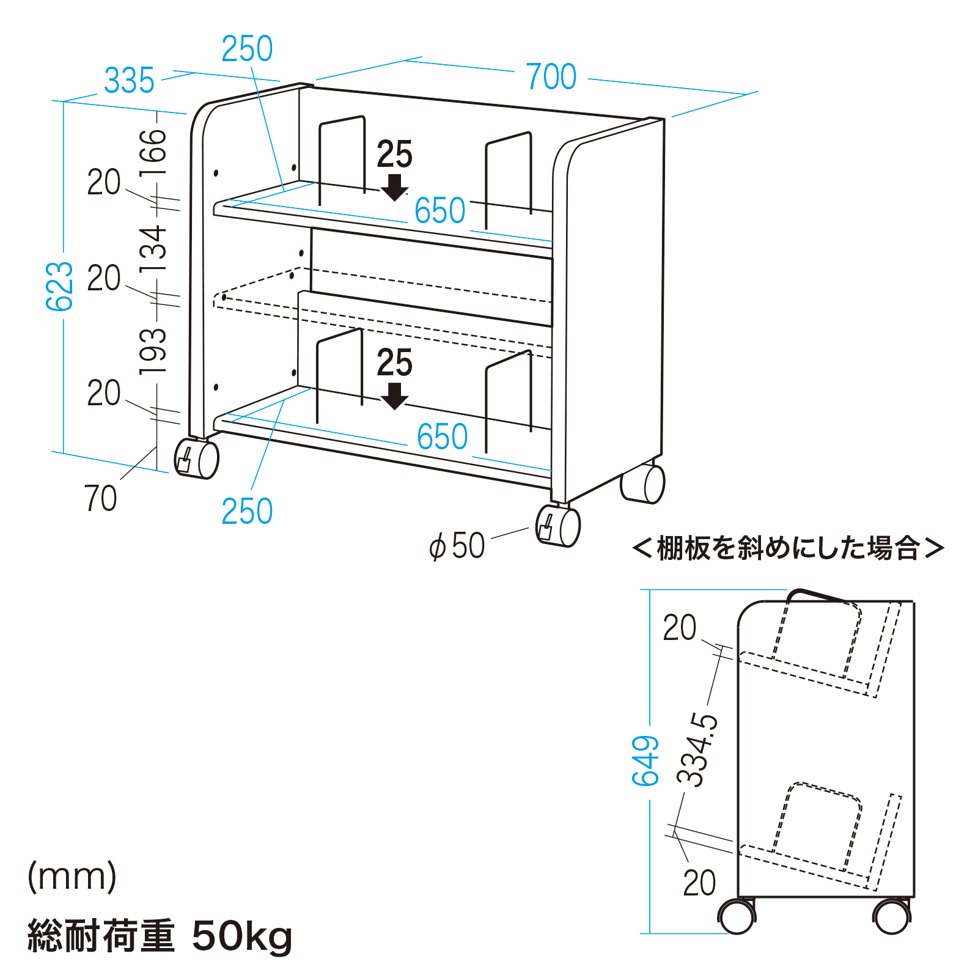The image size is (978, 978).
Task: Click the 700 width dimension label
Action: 551,77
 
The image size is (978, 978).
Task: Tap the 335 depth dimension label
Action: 129,81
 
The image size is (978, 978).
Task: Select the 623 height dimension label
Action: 60,286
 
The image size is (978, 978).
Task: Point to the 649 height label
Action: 645,761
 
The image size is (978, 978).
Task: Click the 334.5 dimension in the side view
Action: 698,749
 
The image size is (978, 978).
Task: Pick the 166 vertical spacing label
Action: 153,153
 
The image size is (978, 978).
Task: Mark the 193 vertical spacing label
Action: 153,351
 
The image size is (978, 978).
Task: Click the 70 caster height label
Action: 100,499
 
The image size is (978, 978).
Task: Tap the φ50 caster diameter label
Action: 457,546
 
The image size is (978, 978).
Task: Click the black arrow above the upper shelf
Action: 394,187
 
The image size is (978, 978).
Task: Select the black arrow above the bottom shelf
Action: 394,396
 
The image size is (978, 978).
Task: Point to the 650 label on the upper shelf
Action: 439,211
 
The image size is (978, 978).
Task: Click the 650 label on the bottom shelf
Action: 442,437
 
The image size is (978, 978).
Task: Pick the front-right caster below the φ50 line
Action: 557,526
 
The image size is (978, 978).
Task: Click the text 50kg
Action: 242,936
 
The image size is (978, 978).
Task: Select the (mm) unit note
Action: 72,877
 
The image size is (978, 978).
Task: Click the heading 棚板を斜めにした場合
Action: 788,548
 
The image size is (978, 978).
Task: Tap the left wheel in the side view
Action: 737,917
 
